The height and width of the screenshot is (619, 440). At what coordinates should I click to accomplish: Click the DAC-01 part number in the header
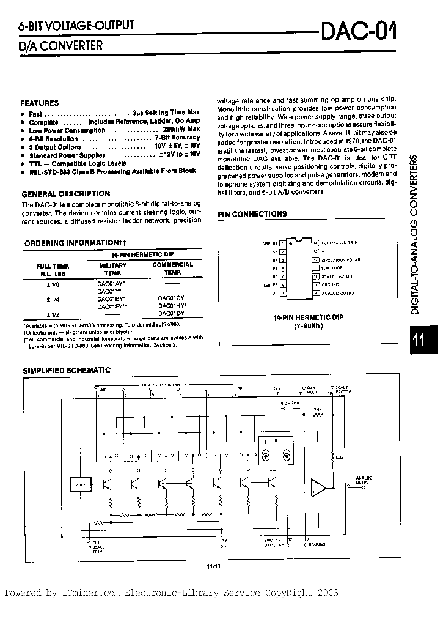point(358,29)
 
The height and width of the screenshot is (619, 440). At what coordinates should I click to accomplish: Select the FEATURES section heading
point(40,103)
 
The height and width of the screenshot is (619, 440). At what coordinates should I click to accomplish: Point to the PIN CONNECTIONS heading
point(252,214)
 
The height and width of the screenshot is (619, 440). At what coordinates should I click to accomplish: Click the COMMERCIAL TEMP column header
point(172,269)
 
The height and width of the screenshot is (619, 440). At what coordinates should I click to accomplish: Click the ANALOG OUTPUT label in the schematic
point(364,481)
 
